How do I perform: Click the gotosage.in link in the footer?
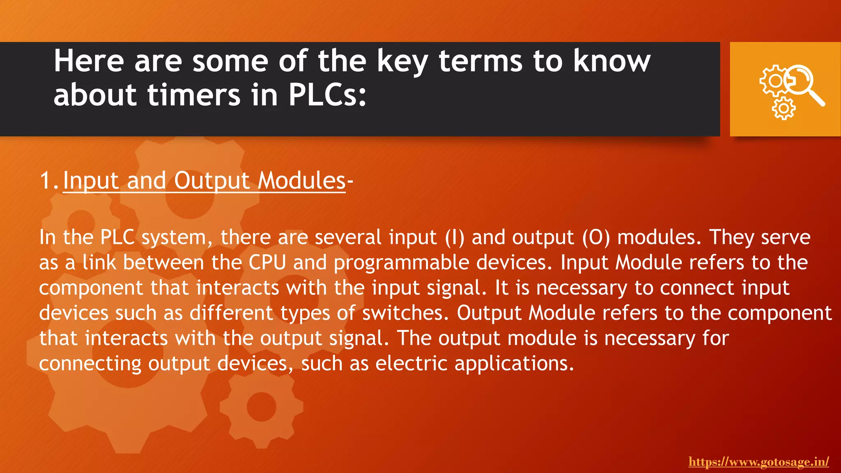coord(758,462)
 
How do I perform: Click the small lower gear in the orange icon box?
coord(784,108)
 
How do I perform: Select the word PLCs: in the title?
coord(327,95)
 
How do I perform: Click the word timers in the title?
coord(194,95)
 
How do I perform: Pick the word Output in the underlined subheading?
coord(212,181)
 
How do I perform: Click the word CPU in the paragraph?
coord(267,263)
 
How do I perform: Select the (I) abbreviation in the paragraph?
coord(455,238)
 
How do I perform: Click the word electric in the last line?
coord(411,364)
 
